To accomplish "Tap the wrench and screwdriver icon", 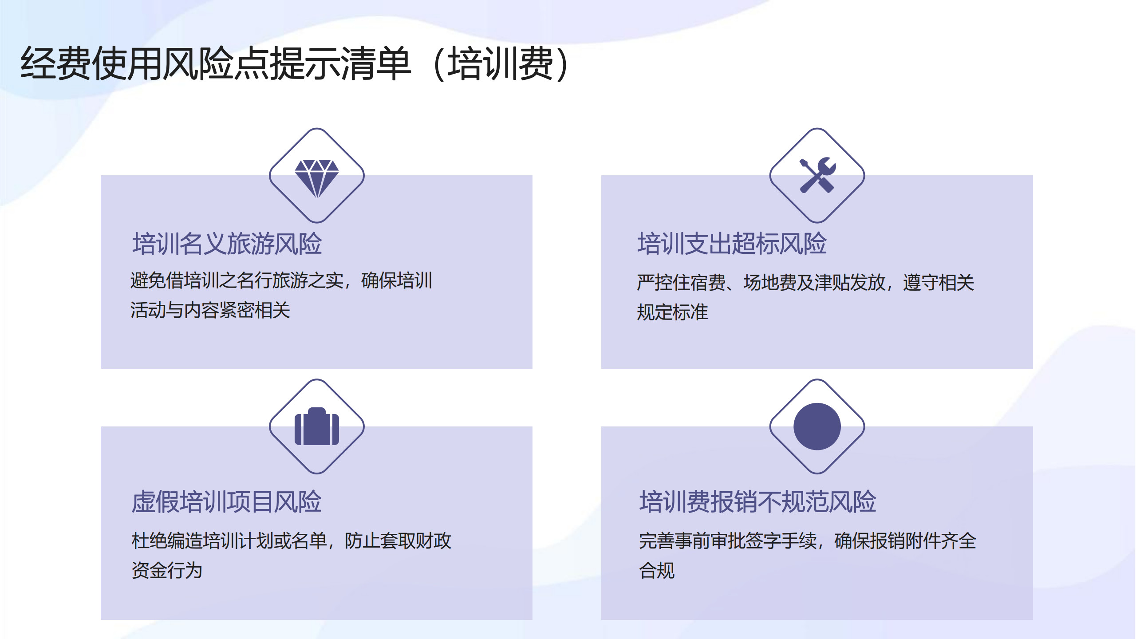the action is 817,175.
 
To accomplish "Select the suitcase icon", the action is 317,426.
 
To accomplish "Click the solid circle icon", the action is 817,426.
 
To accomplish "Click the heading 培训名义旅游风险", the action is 227,244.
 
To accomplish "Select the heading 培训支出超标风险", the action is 732,244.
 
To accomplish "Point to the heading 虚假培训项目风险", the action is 227,502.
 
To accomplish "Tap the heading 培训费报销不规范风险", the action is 758,502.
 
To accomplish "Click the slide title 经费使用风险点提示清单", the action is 216,63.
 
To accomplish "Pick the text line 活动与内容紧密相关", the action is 210,310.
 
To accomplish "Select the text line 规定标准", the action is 673,312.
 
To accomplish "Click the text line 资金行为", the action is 167,570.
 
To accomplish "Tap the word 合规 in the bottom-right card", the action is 657,570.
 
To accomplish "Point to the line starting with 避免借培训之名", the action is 281,280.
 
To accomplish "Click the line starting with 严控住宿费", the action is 806,282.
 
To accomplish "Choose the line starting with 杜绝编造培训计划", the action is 292,540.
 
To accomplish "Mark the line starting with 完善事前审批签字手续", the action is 808,540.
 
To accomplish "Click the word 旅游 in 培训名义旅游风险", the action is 251,244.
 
